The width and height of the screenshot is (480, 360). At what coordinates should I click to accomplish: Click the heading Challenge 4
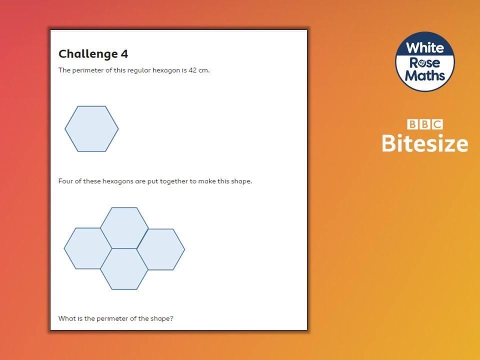point(93,54)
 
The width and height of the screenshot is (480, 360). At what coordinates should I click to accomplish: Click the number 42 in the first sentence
point(192,70)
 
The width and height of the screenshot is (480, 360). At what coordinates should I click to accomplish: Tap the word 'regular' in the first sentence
point(139,70)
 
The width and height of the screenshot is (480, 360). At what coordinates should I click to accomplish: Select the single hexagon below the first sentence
point(91,129)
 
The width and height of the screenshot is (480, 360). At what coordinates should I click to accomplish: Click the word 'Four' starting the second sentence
point(65,181)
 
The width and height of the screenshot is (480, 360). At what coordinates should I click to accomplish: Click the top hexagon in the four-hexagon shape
point(124,228)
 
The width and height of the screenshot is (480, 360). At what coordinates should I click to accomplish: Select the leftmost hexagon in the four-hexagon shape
point(88,248)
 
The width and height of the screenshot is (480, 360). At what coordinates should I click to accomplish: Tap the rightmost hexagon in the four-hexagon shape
point(160,249)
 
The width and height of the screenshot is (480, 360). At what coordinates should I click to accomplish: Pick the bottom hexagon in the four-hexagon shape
point(124,269)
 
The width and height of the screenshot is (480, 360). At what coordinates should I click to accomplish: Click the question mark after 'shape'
point(171,318)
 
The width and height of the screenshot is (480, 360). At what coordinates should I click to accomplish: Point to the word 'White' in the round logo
point(425,48)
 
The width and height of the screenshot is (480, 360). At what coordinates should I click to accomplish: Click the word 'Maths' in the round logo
point(425,75)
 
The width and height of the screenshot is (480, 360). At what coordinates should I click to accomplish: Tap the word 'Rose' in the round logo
point(425,63)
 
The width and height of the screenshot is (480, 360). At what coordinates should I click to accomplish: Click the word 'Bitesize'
point(425,143)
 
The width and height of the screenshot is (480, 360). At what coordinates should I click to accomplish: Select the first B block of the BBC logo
point(412,124)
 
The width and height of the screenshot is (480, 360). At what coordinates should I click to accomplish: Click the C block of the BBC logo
point(437,124)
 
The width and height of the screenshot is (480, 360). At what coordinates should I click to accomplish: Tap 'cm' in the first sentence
point(203,70)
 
